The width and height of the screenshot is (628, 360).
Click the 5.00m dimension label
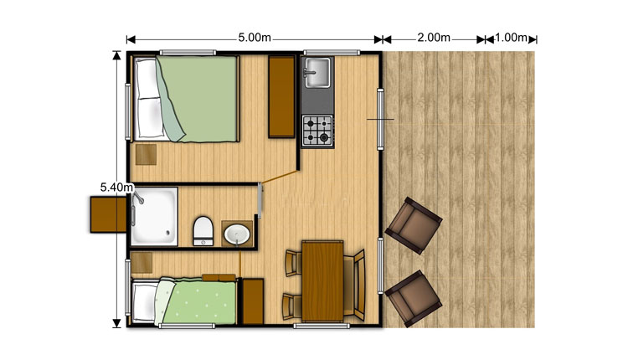point(255,38)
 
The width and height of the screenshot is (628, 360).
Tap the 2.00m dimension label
point(434,38)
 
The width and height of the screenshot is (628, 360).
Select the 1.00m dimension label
point(511,38)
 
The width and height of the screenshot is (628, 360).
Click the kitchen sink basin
point(317,73)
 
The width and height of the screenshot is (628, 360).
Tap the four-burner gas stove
point(317,131)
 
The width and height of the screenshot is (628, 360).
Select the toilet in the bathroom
point(203,231)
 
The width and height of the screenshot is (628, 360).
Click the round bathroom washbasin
point(237,234)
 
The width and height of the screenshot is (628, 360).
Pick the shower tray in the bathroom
point(154,216)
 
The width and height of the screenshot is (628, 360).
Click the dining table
point(322,281)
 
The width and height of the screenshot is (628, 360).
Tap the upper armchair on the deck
point(414,225)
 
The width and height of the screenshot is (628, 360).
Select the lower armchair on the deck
point(414,299)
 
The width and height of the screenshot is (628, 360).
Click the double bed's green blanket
point(196,99)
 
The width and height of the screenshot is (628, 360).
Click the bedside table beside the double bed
point(146,155)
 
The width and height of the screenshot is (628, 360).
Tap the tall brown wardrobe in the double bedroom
point(281,97)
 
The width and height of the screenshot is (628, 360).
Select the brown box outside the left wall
point(109,214)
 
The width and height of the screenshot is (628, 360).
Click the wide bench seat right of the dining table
point(354,285)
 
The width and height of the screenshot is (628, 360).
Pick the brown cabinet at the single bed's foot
point(253,301)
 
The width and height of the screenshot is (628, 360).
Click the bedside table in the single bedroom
point(142,263)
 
